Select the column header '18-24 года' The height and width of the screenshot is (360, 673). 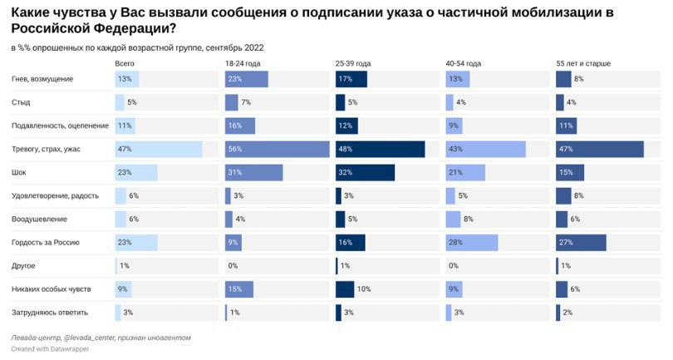coord(242,63)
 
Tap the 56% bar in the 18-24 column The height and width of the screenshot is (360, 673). coord(277,150)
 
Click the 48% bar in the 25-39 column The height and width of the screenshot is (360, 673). coord(380,150)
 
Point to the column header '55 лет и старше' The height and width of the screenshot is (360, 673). coord(582,63)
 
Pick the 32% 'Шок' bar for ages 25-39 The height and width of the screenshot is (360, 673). coord(365,173)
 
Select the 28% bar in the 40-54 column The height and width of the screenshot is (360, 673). coord(471,243)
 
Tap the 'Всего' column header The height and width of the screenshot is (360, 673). coord(125,63)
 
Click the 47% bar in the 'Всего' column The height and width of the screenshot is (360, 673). coord(158,150)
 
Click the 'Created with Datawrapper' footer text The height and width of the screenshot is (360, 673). coord(50,348)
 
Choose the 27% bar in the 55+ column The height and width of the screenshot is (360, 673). coord(581,243)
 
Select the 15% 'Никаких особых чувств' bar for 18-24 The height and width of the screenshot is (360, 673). coord(239,289)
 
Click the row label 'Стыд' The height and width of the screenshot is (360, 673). coord(21,102)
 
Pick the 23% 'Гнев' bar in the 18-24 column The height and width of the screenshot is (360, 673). coord(246,79)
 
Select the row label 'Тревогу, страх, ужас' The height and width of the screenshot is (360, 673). coord(47,150)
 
